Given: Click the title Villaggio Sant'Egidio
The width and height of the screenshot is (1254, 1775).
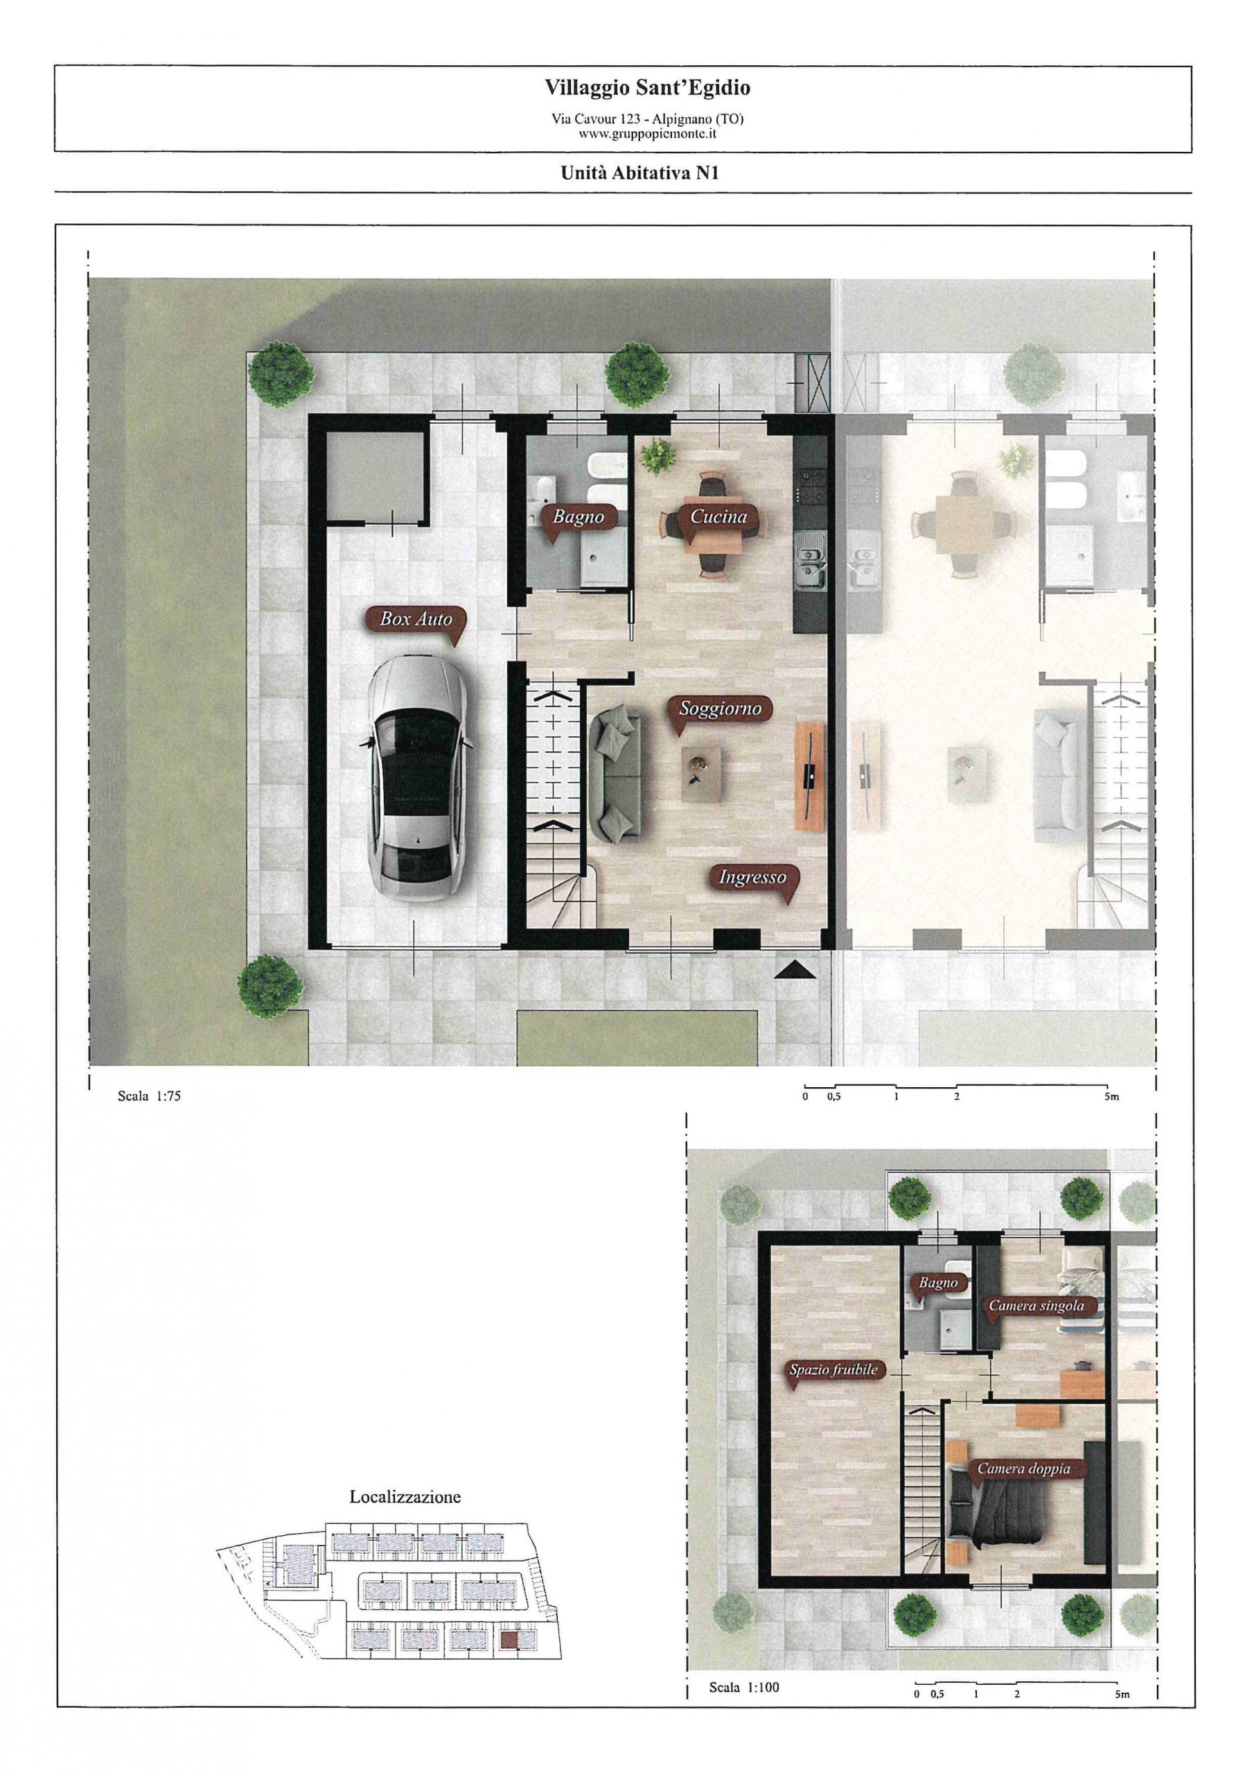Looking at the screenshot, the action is [648, 88].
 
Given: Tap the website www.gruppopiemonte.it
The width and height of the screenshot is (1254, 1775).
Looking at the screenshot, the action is [648, 133].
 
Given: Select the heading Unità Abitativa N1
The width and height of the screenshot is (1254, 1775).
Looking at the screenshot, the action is [639, 173].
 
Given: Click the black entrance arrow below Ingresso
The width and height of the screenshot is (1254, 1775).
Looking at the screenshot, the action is [795, 969].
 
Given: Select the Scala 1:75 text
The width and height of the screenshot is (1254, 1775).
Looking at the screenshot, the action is [149, 1096].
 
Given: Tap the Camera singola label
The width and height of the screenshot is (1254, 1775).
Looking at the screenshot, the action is [1036, 1306].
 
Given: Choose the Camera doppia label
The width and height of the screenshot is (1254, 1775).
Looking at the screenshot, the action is [1024, 1469].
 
